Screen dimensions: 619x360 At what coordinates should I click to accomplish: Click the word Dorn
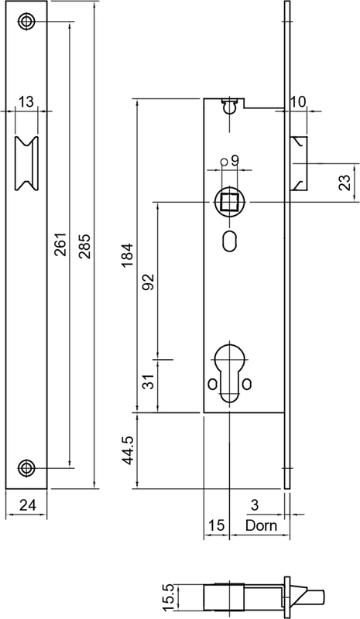260,525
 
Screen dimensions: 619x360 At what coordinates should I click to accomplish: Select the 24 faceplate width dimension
27,506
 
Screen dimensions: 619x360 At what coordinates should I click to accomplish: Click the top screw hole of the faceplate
28,22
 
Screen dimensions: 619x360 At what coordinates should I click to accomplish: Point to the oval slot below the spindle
230,240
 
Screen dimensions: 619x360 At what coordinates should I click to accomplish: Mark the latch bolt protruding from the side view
300,163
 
